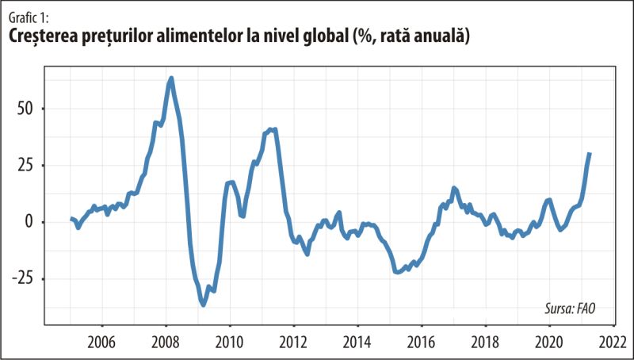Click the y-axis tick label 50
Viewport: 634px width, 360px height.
[27, 109]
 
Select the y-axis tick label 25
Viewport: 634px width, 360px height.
[27, 165]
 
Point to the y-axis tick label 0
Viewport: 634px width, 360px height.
[31, 222]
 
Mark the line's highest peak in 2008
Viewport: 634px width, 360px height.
[171, 78]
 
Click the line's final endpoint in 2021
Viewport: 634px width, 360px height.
[590, 154]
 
